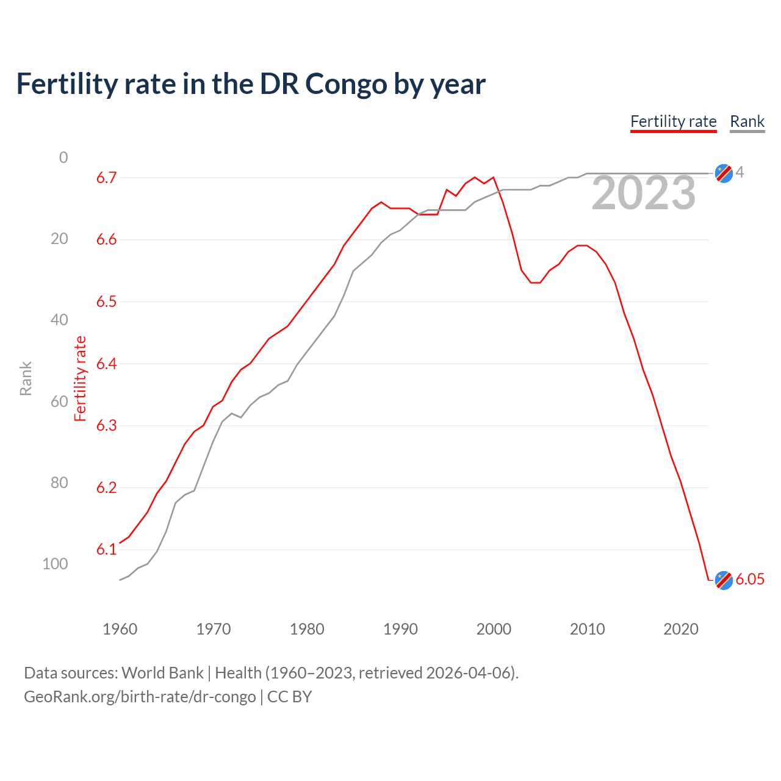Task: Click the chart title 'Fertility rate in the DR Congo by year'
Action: [x=251, y=84]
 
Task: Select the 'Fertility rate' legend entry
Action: [x=673, y=121]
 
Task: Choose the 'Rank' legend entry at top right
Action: [x=747, y=121]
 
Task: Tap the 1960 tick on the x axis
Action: [x=120, y=629]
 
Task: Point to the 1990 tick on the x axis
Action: [x=400, y=629]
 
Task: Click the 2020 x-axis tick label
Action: [x=680, y=629]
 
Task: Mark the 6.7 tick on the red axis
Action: [x=106, y=178]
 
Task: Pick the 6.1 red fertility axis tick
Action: [x=106, y=550]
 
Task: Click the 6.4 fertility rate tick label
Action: [x=106, y=364]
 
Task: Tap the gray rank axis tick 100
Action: [x=55, y=564]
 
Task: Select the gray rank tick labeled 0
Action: [x=63, y=157]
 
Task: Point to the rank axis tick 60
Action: [x=59, y=401]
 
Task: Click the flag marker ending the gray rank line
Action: [x=724, y=173]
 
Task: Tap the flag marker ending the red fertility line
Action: [x=724, y=580]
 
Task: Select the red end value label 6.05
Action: [x=750, y=580]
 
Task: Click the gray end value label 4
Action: [x=740, y=173]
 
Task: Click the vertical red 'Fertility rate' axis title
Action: [x=81, y=378]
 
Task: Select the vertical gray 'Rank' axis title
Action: [x=26, y=378]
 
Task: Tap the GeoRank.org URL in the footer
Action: [x=140, y=697]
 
